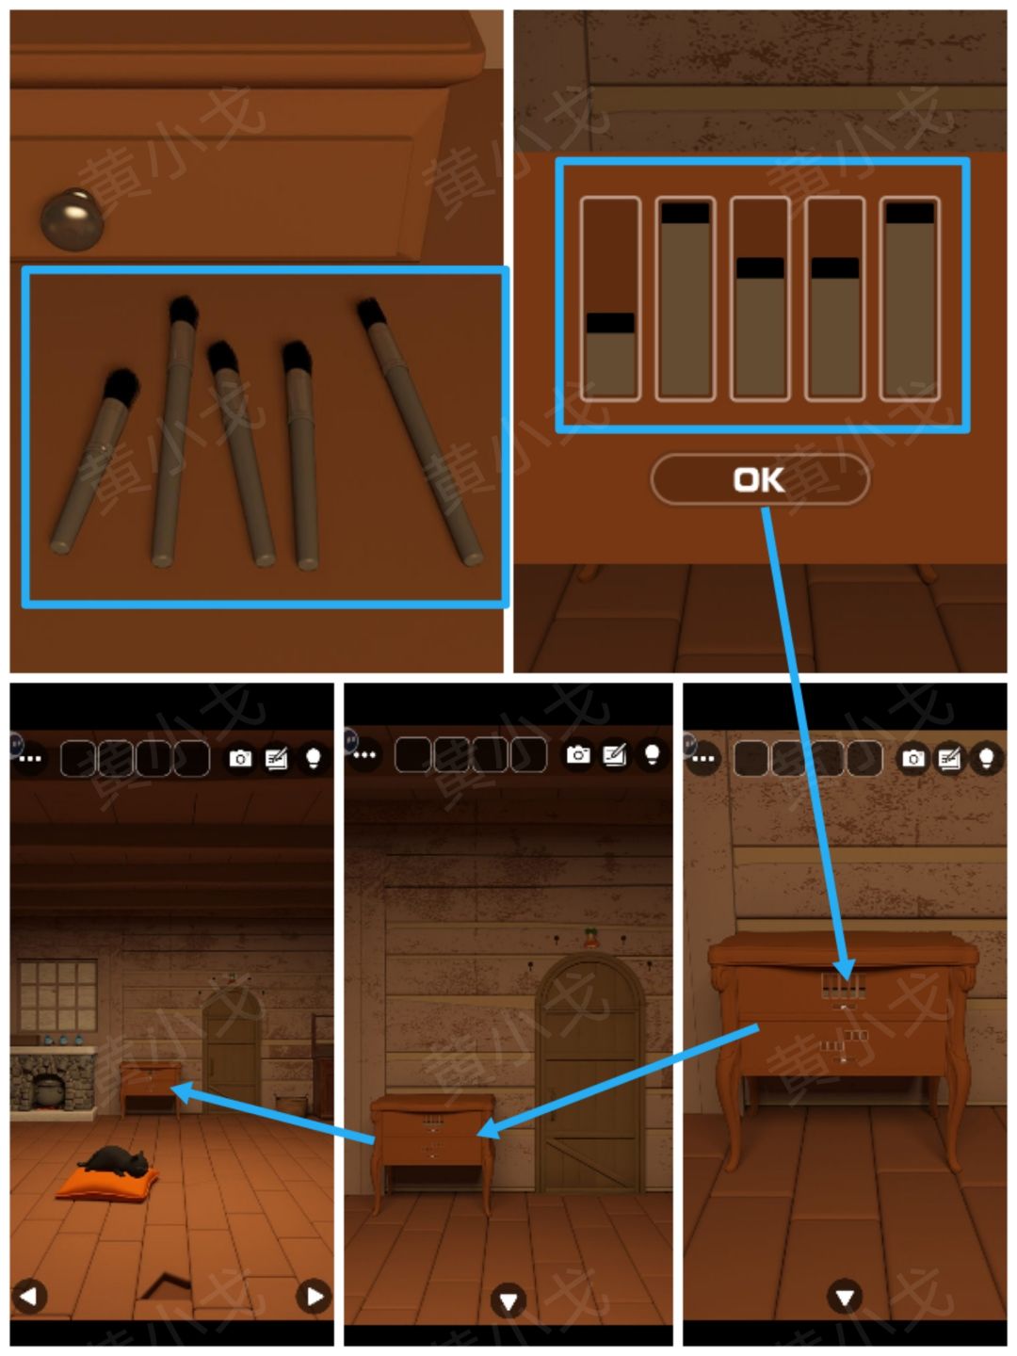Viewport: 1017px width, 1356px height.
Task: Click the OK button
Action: [760, 479]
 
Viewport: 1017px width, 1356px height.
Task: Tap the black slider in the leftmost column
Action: [610, 322]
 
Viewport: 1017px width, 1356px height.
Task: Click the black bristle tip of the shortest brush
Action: [121, 387]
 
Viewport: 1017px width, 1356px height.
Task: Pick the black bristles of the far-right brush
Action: [372, 314]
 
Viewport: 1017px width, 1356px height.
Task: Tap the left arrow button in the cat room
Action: [29, 1296]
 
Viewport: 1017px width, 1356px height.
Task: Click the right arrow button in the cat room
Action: [315, 1296]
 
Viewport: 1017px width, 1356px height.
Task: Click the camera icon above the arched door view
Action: [578, 754]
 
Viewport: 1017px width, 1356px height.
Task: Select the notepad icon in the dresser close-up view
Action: [949, 758]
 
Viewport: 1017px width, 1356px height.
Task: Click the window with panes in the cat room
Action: [57, 994]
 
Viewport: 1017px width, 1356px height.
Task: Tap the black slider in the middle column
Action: [760, 267]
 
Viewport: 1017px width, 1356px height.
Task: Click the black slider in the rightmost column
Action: [910, 213]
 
